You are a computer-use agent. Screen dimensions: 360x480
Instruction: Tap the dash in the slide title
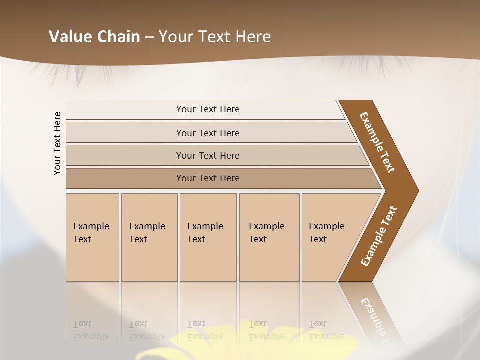click(x=149, y=37)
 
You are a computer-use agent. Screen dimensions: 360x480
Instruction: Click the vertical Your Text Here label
click(x=57, y=143)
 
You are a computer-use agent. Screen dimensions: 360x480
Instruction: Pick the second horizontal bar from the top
click(x=208, y=133)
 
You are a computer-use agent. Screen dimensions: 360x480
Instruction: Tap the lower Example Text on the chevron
click(x=379, y=236)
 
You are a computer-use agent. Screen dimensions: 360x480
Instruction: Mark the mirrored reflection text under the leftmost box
click(x=91, y=331)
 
